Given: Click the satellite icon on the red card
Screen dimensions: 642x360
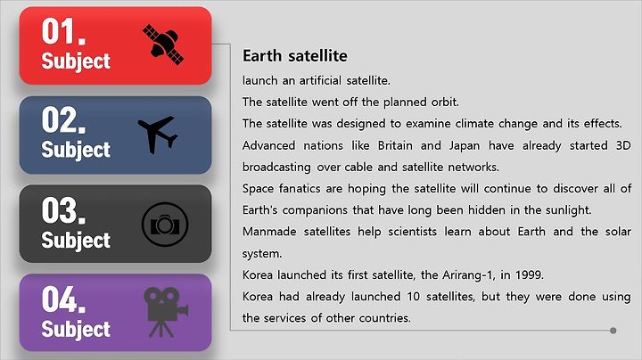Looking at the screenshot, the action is [163, 45].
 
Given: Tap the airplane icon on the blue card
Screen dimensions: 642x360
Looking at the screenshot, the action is [158, 135].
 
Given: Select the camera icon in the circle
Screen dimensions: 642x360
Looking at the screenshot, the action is [165, 225].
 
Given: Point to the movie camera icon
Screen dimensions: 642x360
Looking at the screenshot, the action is [166, 312].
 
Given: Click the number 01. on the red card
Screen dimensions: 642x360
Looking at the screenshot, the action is [63, 31].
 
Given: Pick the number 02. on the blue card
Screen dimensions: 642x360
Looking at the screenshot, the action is [63, 120].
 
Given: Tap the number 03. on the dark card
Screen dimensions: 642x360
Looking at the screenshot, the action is [63, 210].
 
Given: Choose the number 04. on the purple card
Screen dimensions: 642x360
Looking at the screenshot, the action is [63, 299].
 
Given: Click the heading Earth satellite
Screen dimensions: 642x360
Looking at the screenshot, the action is [295, 55].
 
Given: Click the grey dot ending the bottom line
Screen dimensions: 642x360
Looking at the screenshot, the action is [613, 331].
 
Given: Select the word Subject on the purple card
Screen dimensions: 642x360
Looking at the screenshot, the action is [76, 330].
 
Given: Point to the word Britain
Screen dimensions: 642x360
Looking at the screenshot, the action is [395, 145].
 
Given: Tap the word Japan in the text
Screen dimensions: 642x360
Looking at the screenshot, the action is [465, 146].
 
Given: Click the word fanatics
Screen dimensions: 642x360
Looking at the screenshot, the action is [300, 189].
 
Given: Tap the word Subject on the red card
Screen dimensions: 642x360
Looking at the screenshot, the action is [76, 61].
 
